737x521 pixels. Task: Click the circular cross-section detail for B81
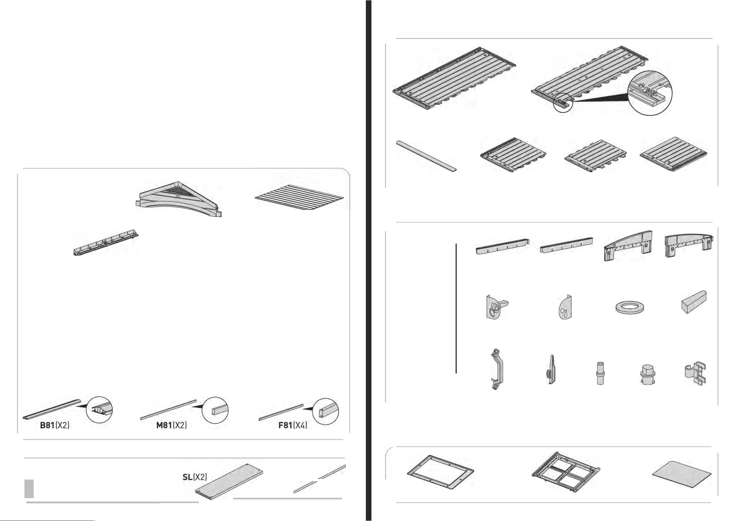[100, 410]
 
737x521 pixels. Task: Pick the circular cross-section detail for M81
[215, 411]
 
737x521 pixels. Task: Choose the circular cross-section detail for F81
[325, 412]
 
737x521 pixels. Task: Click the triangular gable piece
[179, 199]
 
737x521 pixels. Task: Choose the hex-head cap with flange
[647, 374]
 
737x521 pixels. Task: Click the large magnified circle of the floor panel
[650, 93]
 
